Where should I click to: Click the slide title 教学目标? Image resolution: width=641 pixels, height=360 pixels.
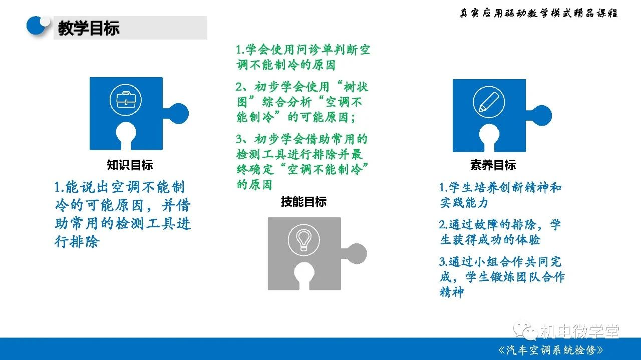(x=89, y=28)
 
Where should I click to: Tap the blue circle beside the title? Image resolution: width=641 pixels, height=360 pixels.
(x=37, y=26)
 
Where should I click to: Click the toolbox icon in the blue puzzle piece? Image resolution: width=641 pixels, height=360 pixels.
(x=126, y=100)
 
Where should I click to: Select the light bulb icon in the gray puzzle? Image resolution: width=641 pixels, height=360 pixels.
(x=303, y=240)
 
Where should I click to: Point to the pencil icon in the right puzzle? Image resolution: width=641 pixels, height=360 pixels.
(x=489, y=102)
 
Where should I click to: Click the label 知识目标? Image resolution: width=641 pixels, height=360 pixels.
(x=130, y=165)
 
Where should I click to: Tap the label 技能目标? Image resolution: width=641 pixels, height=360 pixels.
(x=303, y=202)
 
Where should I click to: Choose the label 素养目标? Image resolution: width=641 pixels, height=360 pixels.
(x=493, y=165)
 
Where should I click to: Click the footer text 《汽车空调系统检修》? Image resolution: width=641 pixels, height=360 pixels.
(x=551, y=350)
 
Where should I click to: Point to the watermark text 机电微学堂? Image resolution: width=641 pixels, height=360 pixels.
(x=580, y=332)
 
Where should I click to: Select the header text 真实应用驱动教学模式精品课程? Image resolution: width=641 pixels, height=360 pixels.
(x=538, y=13)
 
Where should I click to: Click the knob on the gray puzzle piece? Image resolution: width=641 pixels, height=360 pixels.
(x=356, y=253)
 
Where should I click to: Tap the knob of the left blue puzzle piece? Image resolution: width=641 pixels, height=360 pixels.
(x=178, y=114)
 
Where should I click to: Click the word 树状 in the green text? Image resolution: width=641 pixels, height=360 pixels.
(x=356, y=87)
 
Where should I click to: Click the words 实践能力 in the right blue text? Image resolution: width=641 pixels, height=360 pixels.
(x=464, y=203)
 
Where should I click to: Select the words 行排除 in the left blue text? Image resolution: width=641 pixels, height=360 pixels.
(x=77, y=241)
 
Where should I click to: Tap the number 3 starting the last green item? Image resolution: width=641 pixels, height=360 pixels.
(x=239, y=139)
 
